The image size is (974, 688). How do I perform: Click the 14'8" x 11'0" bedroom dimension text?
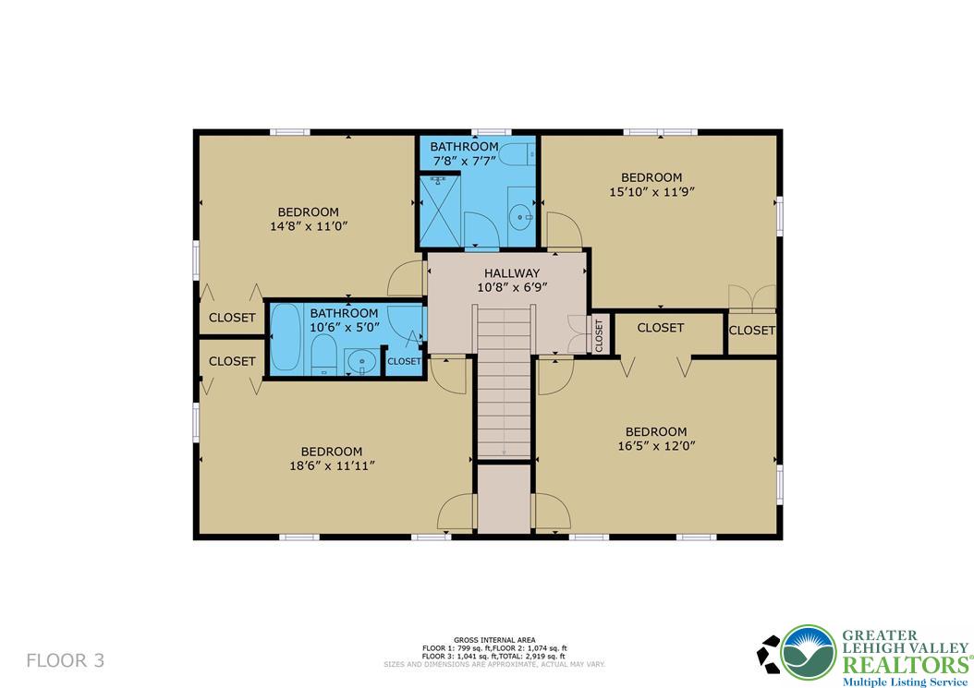coord(309,225)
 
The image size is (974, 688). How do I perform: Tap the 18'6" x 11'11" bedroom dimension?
coord(331,465)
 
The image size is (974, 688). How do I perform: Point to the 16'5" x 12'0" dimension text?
coord(655,445)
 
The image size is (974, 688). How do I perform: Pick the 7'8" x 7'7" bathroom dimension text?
coord(465,160)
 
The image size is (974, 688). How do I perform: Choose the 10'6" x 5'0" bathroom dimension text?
coord(343,327)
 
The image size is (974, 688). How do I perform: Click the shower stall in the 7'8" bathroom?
coord(440,211)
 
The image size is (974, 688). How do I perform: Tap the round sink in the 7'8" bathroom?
coord(519,219)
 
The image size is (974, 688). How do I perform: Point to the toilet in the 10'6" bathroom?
coord(323,356)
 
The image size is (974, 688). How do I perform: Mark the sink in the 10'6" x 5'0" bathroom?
coord(361,362)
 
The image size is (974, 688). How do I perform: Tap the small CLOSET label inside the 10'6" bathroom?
coord(404,361)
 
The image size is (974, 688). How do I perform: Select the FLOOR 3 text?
coord(65,660)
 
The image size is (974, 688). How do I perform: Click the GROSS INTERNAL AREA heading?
coord(493,639)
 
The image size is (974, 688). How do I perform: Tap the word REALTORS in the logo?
coord(905,664)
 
